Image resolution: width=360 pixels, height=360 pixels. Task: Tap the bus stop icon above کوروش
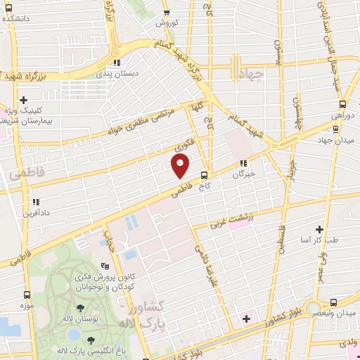(x=167, y=12)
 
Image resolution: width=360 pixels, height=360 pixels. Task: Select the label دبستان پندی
(x=137, y=73)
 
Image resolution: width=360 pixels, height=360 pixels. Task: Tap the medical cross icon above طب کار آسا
(x=320, y=229)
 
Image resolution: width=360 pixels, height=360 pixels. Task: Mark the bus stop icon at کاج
(x=205, y=175)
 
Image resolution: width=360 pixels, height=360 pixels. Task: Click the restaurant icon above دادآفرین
(x=29, y=202)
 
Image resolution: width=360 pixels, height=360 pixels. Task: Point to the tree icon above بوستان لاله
(x=81, y=308)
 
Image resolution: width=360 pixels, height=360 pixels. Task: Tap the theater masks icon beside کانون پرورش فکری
(x=105, y=266)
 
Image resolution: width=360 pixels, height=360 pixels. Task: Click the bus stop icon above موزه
(x=27, y=295)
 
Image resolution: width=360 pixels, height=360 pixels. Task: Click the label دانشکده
(x=19, y=18)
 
